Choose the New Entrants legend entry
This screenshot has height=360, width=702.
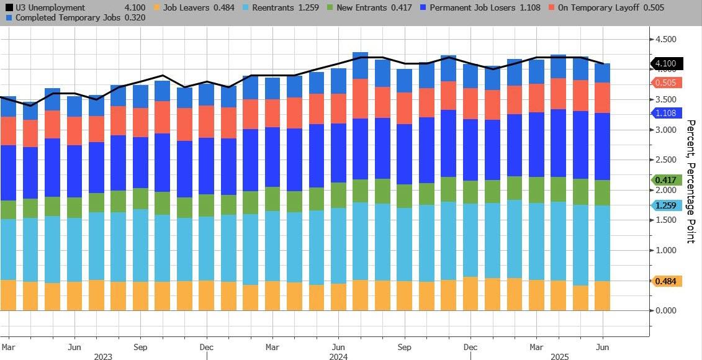pos(373,7)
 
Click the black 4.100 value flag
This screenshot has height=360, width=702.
pos(666,63)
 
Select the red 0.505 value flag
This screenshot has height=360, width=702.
pos(666,83)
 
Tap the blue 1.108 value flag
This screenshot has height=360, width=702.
pos(666,113)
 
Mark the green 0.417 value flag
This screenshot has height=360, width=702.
pos(666,180)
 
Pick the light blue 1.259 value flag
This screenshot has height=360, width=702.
pos(666,205)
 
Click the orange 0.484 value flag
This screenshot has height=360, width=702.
pos(666,281)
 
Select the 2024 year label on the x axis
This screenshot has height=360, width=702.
pos(338,357)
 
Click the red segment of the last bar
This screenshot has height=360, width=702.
pos(602,97)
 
